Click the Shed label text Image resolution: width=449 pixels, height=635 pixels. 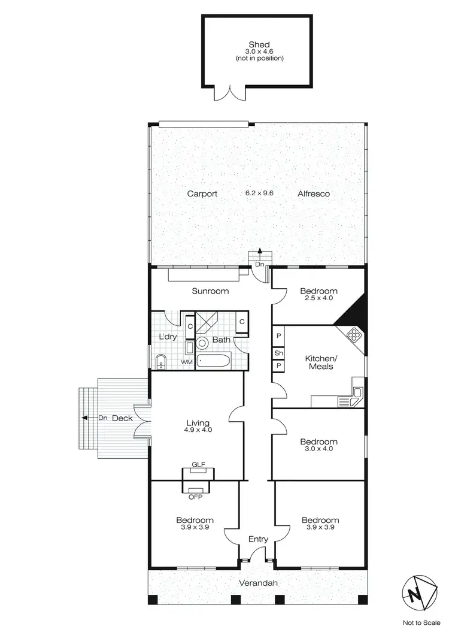point(259,44)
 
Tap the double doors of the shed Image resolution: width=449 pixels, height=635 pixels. point(230,92)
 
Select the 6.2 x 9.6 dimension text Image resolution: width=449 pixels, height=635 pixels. point(259,193)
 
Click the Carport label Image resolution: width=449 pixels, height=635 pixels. point(202,193)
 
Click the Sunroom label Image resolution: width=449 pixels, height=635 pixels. point(210,291)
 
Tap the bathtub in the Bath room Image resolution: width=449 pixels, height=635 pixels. point(214,362)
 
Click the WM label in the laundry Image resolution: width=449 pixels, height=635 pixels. point(186,362)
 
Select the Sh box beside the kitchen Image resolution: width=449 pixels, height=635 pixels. point(278,353)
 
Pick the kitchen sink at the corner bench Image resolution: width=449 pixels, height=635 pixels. point(356,393)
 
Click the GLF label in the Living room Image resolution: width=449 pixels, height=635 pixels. point(198,464)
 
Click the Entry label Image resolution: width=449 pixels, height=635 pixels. point(258,539)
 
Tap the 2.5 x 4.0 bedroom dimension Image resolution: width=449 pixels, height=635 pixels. point(318,298)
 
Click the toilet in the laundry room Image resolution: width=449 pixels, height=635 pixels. point(160,361)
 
